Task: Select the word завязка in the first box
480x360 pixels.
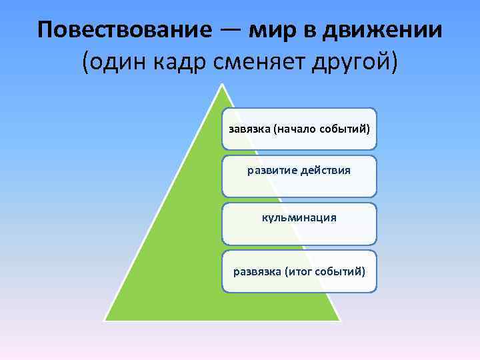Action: [x=249, y=129]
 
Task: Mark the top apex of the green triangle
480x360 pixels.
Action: [x=222, y=85]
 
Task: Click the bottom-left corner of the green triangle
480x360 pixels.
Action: [x=104, y=320]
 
